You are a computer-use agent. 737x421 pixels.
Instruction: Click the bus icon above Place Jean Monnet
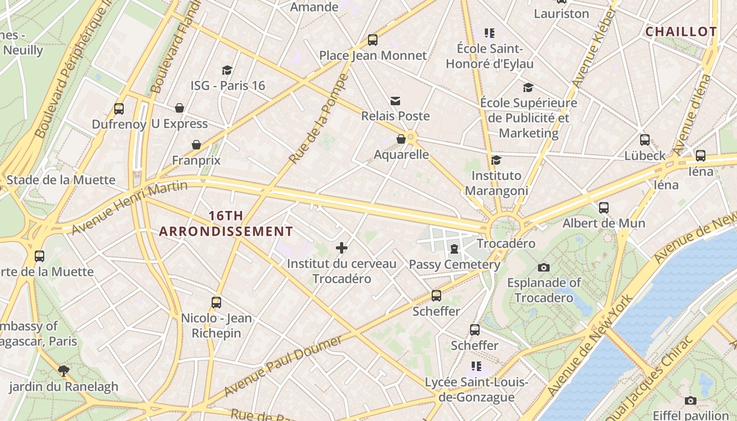click(x=373, y=39)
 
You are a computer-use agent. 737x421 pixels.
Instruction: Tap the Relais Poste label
click(x=395, y=116)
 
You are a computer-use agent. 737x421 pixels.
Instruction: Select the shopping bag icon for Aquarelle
click(x=401, y=139)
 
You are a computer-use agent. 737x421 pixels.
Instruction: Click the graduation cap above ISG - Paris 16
click(x=227, y=70)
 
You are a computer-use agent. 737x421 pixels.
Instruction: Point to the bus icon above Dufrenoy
click(x=119, y=109)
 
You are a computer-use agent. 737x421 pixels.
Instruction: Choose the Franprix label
click(x=196, y=160)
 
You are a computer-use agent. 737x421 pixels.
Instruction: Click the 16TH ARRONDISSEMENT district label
click(x=226, y=224)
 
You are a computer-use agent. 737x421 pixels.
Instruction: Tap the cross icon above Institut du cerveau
click(x=342, y=247)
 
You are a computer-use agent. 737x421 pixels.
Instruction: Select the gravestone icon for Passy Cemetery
click(x=454, y=248)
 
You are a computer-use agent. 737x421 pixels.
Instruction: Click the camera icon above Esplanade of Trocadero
click(x=544, y=267)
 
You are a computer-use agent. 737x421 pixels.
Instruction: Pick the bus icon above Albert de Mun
click(x=604, y=207)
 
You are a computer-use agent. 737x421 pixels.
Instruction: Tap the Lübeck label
click(x=645, y=156)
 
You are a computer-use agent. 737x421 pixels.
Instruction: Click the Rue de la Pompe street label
click(x=319, y=118)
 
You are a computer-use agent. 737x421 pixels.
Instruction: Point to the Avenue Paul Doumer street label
click(x=283, y=366)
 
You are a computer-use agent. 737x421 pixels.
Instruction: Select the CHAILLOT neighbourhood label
click(x=681, y=32)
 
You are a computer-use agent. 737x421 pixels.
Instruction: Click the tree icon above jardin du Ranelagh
click(x=64, y=370)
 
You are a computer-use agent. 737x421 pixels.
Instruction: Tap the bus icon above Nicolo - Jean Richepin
click(x=216, y=302)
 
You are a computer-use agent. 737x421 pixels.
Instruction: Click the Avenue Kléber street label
click(x=593, y=48)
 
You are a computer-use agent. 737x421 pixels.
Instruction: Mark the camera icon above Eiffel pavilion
click(x=691, y=400)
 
